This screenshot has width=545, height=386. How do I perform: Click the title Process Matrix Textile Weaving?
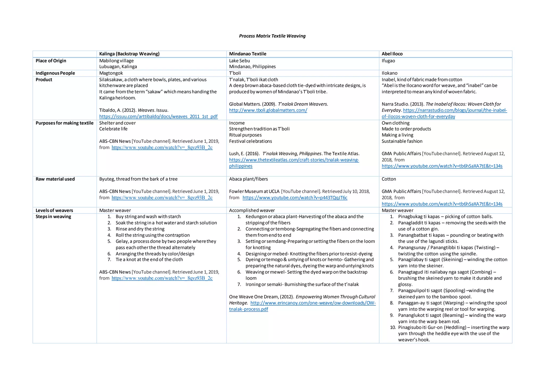point(272,36)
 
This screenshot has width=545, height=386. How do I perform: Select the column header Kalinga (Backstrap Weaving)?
point(129,54)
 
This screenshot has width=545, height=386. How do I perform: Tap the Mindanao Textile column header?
point(247,54)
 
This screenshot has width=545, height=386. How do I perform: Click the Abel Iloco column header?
point(392,54)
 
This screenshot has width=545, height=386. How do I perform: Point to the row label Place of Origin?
point(51,61)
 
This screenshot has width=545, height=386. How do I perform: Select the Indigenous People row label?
point(55,73)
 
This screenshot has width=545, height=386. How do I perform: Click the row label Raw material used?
point(55,179)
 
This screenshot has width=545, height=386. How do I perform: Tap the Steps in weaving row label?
point(53,217)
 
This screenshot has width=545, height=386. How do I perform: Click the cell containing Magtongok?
point(111,73)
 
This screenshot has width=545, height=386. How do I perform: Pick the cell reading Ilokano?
point(389,73)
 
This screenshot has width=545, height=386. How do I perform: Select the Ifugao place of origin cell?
point(388,61)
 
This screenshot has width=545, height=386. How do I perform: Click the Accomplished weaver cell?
point(252,210)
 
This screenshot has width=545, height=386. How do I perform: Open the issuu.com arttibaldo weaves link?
point(158,116)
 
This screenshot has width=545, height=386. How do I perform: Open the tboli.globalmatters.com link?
point(268,110)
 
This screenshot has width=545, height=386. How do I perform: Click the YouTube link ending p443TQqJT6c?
point(295,198)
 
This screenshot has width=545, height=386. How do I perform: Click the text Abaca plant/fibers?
point(248,179)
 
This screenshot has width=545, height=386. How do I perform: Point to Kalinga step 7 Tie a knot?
point(149,259)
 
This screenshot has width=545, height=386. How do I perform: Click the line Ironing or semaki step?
point(302,285)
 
